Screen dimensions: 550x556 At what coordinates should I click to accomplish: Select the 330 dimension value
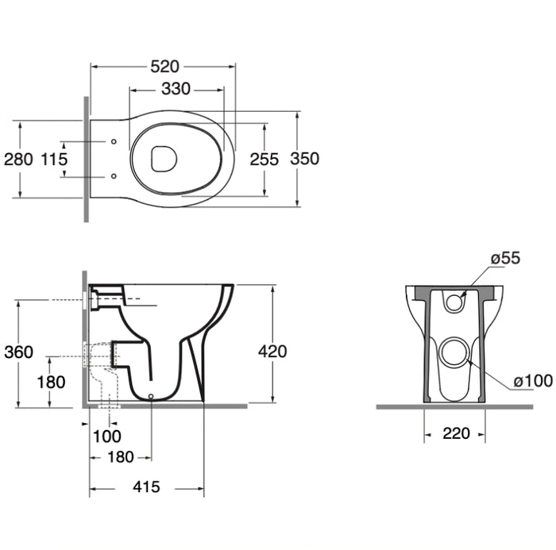pos(176,89)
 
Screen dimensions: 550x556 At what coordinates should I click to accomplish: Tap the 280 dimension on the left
pos(18,159)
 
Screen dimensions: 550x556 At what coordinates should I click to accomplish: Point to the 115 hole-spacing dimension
pos(54,159)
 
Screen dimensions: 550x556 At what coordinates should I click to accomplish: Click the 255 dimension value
pos(264,159)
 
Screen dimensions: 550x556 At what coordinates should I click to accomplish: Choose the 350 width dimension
pos(304,159)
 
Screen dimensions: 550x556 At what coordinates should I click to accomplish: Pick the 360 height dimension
pos(18,352)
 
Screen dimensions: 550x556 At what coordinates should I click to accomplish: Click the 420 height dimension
pos(272,352)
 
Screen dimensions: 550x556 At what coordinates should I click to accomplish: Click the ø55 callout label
pos(505,257)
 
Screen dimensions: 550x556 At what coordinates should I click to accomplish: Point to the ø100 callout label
pos(533,381)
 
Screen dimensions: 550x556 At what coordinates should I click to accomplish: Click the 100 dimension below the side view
pos(107,435)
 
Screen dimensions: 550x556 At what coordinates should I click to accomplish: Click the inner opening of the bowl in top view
pos(164,159)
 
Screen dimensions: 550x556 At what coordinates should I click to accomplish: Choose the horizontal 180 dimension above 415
pos(120,456)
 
